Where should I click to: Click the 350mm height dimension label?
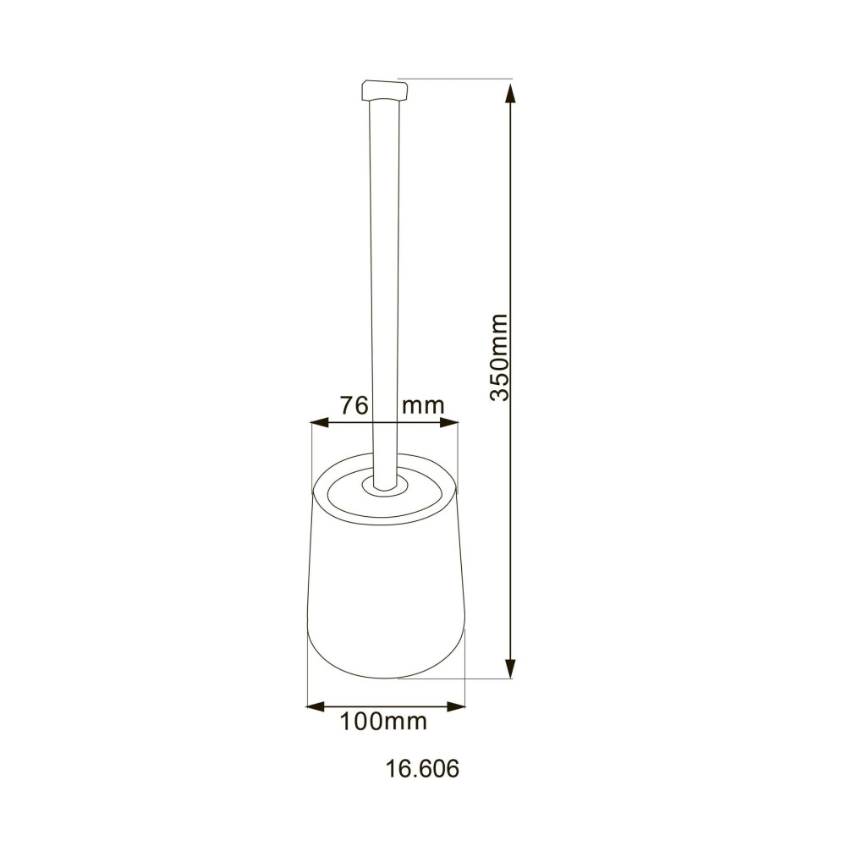point(500,357)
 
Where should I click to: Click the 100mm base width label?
point(383,722)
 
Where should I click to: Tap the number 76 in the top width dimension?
point(354,405)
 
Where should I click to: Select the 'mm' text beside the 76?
point(423,405)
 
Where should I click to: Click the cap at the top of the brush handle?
point(384,89)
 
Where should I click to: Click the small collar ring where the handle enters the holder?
point(385,487)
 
